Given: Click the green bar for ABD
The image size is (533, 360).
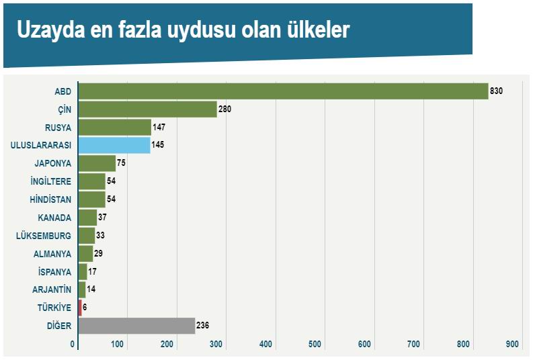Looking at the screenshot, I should (x=283, y=91).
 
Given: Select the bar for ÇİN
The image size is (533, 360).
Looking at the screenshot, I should (x=147, y=109).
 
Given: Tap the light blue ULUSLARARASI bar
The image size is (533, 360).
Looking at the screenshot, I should (x=114, y=145).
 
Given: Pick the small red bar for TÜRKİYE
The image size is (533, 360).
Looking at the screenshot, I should (x=80, y=308).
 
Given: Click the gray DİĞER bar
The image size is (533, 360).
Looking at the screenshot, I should (x=136, y=326).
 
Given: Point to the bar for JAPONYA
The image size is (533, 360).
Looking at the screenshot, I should (x=97, y=163).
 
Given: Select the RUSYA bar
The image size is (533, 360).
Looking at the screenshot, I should (x=114, y=128).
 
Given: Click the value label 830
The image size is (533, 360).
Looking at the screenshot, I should (x=497, y=91).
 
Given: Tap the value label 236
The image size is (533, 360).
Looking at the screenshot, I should (x=203, y=326).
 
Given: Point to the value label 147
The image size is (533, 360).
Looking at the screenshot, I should (x=159, y=127).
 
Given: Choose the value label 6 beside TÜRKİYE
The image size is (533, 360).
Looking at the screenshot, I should (x=85, y=308).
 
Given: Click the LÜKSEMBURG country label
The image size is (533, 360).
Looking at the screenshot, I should (x=44, y=236).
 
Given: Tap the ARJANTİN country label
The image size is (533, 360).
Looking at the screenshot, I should (x=52, y=290).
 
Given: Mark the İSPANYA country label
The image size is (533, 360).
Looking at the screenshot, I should (x=54, y=272).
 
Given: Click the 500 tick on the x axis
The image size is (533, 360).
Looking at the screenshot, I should (x=315, y=345).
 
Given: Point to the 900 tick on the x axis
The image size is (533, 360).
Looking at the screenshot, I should (x=513, y=345).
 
